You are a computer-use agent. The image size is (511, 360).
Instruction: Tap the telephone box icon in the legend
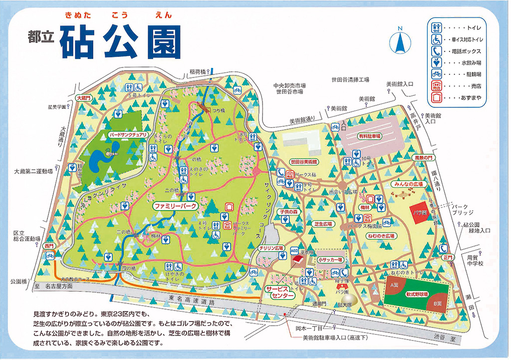[436, 51]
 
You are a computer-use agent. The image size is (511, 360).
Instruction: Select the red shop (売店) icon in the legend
[436, 85]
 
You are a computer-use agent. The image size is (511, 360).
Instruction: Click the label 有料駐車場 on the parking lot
[369, 136]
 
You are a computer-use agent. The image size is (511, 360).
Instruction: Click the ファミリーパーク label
[175, 205]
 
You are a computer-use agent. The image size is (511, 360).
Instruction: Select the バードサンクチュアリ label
[128, 135]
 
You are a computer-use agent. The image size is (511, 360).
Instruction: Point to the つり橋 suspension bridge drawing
[204, 106]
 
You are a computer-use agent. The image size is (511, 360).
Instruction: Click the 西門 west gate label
[48, 246]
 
